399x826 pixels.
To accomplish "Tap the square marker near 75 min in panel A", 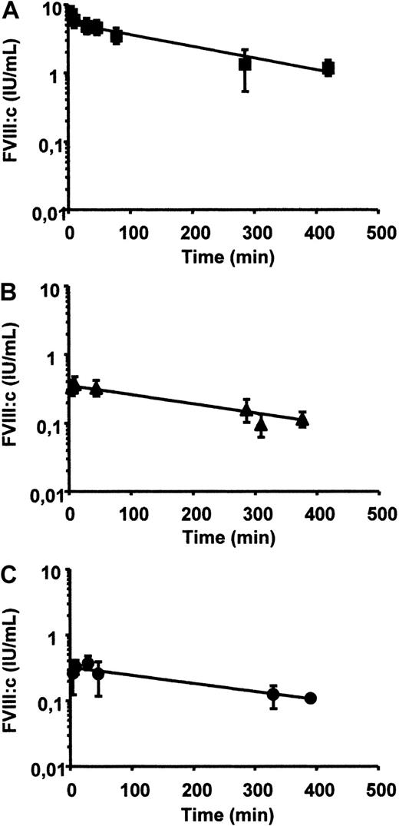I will (117, 36).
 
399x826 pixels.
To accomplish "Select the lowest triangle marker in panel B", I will (262, 424).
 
